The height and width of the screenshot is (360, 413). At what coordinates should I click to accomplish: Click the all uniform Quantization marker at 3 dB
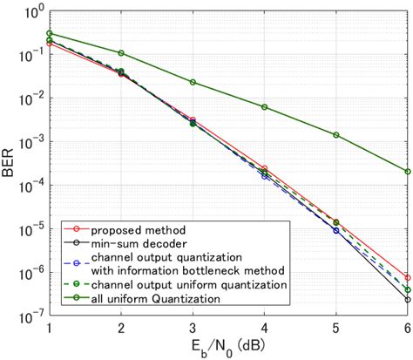[x=193, y=82]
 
